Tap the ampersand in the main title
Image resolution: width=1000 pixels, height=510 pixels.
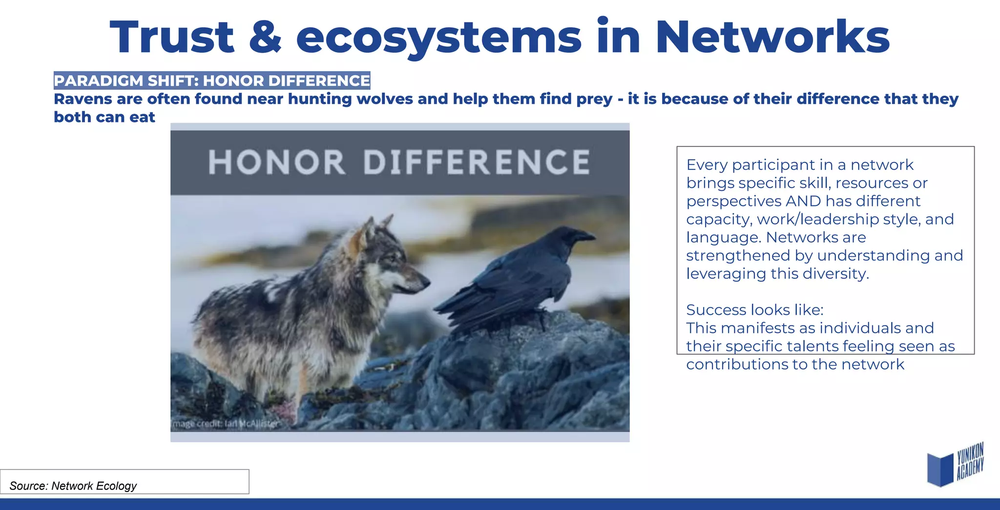[x=265, y=38]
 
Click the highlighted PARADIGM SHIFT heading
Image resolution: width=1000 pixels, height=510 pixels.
[x=212, y=81]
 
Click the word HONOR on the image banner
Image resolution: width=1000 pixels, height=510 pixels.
[x=276, y=163]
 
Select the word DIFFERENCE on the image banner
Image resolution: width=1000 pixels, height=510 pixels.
[x=477, y=163]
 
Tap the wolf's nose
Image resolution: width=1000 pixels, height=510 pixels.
[x=426, y=281]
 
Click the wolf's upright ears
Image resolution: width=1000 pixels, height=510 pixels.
[x=376, y=225]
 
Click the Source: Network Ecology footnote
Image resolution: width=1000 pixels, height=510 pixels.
[x=73, y=486]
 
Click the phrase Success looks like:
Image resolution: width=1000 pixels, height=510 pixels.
[x=754, y=310]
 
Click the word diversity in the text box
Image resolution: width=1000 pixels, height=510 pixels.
[x=835, y=274]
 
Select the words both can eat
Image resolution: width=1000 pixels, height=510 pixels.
[x=104, y=118]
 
